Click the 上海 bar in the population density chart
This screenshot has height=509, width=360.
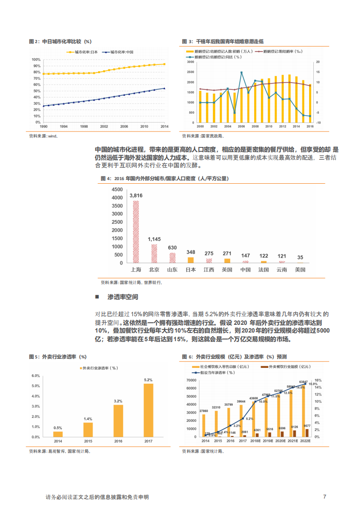click(136, 231)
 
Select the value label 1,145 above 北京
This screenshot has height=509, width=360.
click(154, 239)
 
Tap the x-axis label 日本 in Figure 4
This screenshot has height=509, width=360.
click(191, 269)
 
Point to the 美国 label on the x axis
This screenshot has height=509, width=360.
click(300, 269)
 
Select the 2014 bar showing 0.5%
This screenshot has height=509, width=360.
click(58, 434)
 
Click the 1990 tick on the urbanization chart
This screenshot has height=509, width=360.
click(44, 127)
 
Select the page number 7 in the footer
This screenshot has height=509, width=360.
click(325, 497)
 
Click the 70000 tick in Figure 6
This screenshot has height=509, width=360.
click(191, 379)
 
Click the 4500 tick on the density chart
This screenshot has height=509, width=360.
click(117, 189)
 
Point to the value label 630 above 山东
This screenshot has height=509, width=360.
click(172, 248)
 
